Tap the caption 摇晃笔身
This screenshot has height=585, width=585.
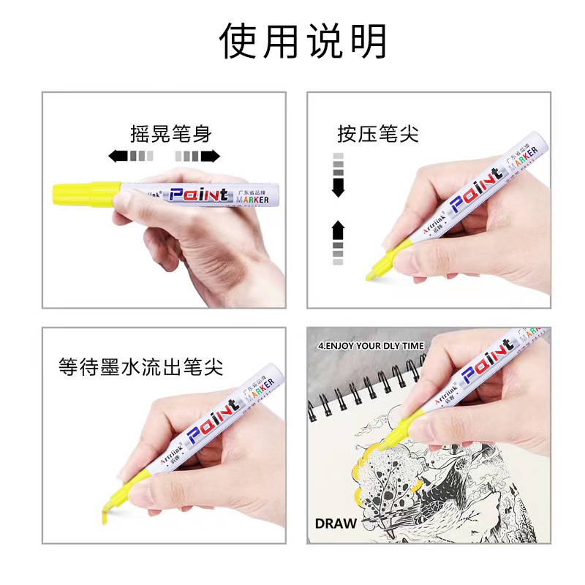170,134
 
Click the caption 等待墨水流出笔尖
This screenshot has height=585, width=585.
141,367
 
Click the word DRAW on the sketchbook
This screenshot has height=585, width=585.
336,523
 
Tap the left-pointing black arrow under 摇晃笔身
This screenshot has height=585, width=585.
118,156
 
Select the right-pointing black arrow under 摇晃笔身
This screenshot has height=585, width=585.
211,156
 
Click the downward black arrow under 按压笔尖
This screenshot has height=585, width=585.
338,188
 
